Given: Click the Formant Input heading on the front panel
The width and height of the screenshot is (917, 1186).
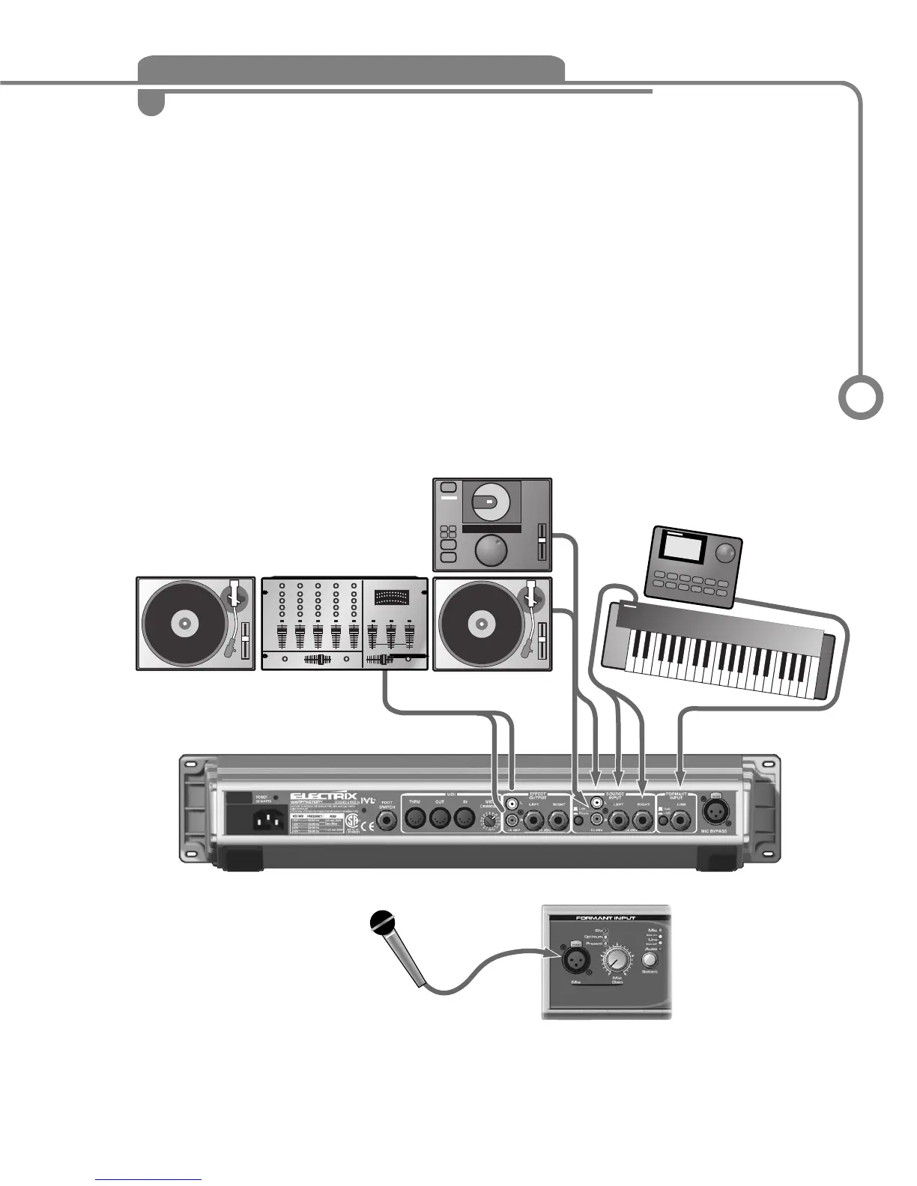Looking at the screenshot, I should click(x=605, y=918).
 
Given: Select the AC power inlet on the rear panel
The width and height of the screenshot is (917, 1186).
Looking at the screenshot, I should click(x=267, y=822).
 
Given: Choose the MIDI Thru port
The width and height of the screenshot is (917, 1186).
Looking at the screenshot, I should click(x=415, y=818).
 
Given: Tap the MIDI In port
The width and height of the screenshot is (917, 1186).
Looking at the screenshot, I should click(x=464, y=818).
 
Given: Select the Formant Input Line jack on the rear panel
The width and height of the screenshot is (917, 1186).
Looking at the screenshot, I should click(x=680, y=822).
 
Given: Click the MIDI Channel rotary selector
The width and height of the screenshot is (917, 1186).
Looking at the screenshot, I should click(x=489, y=822).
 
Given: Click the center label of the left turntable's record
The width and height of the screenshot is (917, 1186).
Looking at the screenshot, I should click(x=183, y=623).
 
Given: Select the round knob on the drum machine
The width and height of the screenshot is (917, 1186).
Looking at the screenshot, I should click(x=725, y=554).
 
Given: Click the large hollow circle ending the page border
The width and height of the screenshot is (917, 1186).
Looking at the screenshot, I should click(x=860, y=397).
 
